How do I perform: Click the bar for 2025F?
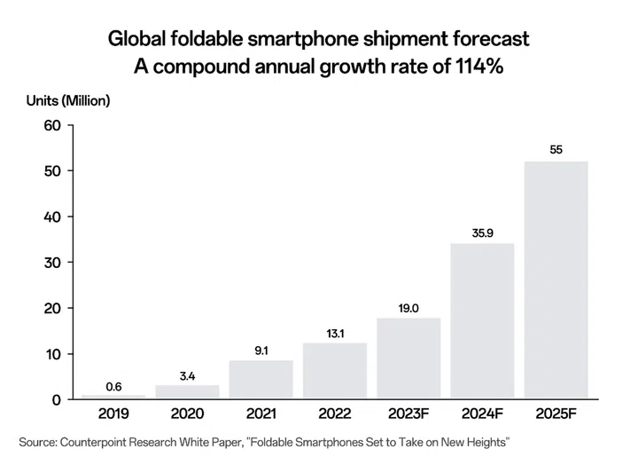(x=556, y=280)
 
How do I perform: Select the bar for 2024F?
(x=482, y=321)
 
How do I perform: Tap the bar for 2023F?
(x=408, y=359)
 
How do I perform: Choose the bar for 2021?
(x=261, y=380)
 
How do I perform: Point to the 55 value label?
(x=556, y=150)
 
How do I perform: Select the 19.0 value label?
(x=408, y=309)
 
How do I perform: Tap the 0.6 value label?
(x=113, y=386)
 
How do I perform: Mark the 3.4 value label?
(x=187, y=376)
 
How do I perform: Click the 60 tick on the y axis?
(x=51, y=125)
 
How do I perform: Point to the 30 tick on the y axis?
(x=51, y=263)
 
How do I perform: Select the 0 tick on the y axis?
(x=55, y=400)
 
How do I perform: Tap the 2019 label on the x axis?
(x=113, y=414)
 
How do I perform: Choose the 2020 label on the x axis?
(x=187, y=414)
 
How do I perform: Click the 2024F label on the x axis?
(x=482, y=414)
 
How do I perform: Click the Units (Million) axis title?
(x=67, y=100)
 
